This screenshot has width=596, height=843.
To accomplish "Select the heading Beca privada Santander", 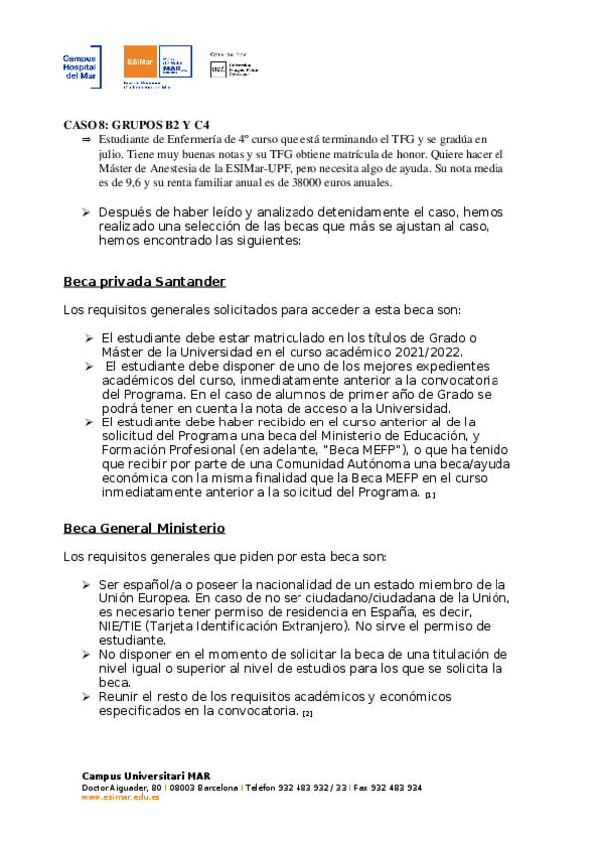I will (x=144, y=281).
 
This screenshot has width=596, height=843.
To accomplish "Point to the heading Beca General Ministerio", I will (x=143, y=527).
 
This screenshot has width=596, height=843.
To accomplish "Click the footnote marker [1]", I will (x=430, y=494).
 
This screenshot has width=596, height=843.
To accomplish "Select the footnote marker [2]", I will (x=308, y=713).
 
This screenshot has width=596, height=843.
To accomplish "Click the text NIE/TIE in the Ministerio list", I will (x=124, y=626).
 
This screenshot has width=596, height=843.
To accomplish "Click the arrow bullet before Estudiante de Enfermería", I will (x=85, y=141).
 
